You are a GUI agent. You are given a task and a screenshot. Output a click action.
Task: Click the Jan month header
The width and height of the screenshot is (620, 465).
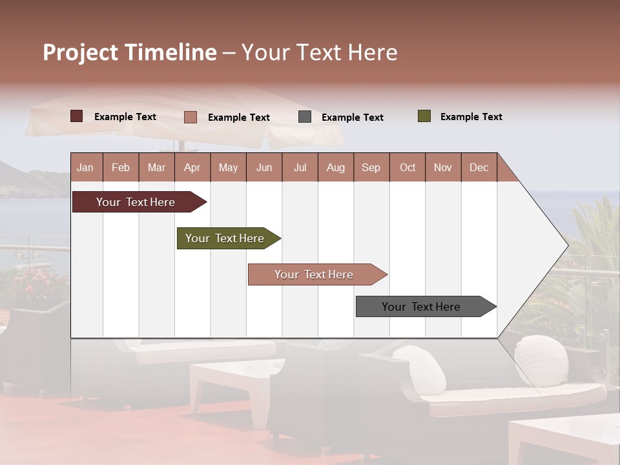coord(86,167)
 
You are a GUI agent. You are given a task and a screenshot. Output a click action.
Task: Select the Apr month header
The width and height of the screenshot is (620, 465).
coord(192,167)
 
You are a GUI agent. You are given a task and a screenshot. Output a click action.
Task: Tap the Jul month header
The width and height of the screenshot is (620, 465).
coord(300,167)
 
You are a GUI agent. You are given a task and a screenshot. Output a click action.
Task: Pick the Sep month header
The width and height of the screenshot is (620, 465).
coord(371,167)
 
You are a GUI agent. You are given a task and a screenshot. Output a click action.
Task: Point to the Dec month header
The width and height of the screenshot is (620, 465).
coord(479,167)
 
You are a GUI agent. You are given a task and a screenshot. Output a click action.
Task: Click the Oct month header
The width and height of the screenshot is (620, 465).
coord(408,167)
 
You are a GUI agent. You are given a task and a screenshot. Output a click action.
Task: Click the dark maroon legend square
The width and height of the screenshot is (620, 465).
coord(77,116)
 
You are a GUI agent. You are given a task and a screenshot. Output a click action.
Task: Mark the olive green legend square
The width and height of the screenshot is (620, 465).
coord(424,116)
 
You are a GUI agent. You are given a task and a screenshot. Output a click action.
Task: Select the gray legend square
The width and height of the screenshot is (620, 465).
coord(305,117)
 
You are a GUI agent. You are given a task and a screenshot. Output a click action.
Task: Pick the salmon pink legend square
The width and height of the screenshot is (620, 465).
coord(191,117)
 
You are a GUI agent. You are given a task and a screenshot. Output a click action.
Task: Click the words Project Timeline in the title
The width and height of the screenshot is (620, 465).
coord(129,52)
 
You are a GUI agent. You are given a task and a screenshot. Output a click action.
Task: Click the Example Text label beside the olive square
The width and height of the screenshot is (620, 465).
coord(471,117)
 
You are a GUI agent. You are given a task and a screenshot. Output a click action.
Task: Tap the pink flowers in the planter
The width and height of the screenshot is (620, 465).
coord(32,281)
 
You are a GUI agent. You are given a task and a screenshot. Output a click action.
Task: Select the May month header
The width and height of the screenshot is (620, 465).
coord(228,167)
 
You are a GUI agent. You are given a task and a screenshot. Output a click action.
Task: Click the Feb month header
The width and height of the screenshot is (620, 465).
coord(121,167)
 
